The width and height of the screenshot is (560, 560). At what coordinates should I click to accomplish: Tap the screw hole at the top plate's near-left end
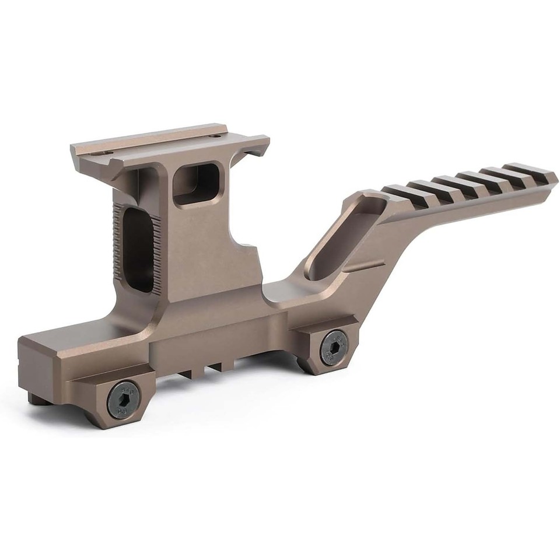tap(106, 153)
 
